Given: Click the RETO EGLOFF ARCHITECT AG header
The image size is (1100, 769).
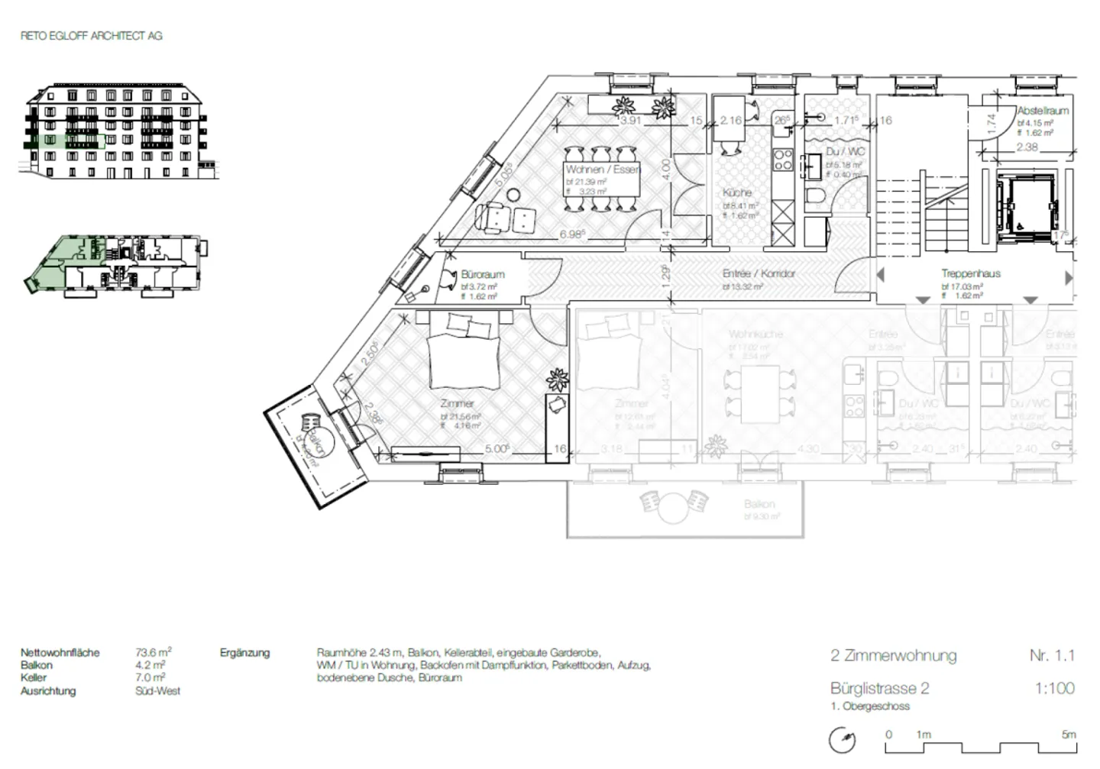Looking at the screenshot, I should click(x=91, y=35).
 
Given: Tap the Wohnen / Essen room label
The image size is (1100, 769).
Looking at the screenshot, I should click(x=603, y=169).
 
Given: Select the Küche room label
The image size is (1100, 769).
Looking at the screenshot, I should click(x=736, y=192).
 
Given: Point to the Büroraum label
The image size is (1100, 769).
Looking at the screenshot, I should click(x=482, y=274).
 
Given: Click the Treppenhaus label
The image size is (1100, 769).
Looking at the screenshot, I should click(x=970, y=273).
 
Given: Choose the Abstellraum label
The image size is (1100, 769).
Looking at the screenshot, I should click(x=1042, y=111).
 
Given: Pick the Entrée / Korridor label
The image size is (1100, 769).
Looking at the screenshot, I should click(x=759, y=273).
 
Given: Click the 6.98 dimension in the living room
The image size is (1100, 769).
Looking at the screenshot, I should click(x=572, y=234).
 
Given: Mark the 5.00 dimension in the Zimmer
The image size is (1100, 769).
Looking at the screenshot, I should click(x=497, y=449).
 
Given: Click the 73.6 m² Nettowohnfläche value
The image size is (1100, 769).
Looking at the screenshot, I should click(x=153, y=653).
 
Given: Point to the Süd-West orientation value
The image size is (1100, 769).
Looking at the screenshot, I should click(x=157, y=691).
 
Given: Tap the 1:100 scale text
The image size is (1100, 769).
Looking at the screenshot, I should click(x=1054, y=688).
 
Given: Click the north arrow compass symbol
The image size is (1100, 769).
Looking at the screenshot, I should click(x=843, y=739).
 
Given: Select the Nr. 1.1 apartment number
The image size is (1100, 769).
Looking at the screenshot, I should click(x=1051, y=655).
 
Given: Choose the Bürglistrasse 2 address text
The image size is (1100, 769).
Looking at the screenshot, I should click(x=879, y=688).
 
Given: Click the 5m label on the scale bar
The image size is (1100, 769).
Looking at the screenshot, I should click(x=1068, y=735).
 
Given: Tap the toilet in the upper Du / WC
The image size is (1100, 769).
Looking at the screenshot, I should click(x=815, y=196).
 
